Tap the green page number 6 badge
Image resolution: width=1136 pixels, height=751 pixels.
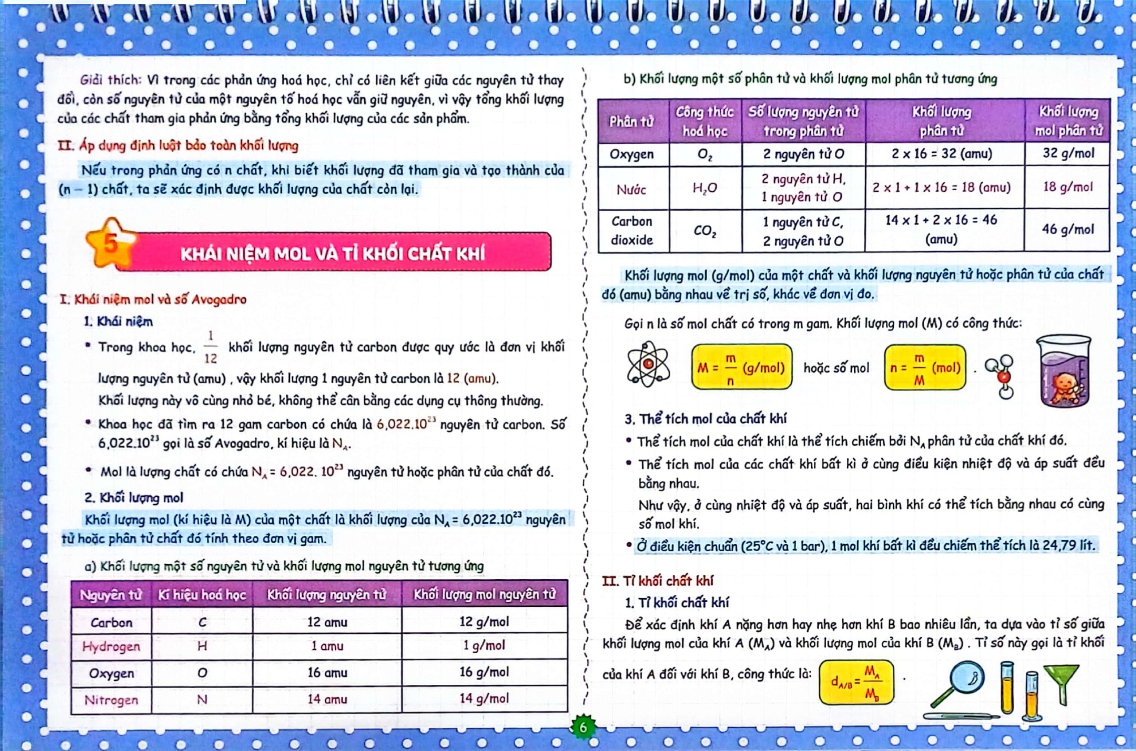point(583,727)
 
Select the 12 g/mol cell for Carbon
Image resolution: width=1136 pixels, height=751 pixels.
point(484,622)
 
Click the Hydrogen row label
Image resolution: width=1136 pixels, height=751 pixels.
point(111,646)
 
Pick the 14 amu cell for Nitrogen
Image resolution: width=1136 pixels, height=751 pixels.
point(327,699)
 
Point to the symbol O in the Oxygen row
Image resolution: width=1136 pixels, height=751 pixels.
point(202,673)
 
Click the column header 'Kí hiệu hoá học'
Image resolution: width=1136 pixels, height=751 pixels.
point(202,595)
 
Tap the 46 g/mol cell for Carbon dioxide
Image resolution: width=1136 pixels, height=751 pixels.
point(1067,230)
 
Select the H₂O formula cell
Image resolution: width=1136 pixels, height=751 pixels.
point(705,188)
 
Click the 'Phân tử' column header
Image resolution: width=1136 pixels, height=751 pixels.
point(632,121)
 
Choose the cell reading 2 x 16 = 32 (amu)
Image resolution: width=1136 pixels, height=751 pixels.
point(941,154)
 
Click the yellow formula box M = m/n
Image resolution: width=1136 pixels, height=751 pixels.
point(741,367)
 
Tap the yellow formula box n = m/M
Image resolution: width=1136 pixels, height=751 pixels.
point(925,367)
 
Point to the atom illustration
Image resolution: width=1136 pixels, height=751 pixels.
point(648,364)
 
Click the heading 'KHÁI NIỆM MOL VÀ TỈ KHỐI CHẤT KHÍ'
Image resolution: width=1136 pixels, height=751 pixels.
point(333,253)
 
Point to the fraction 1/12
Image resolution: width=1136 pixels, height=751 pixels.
point(211,346)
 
